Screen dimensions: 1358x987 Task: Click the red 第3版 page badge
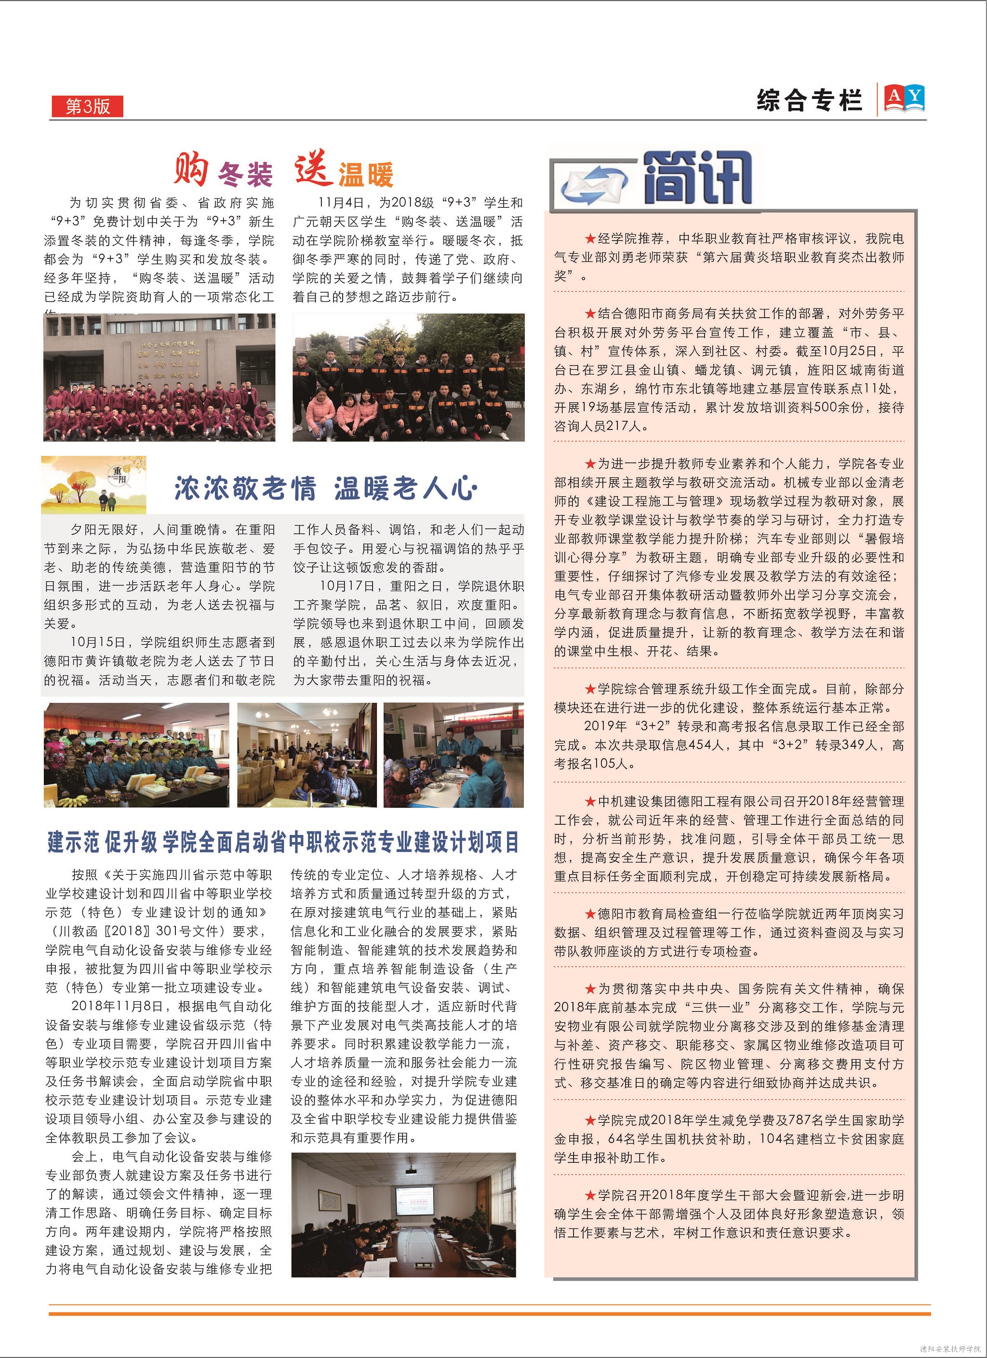click(87, 106)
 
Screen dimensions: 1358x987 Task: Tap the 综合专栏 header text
click(809, 101)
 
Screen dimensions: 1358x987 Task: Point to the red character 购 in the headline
click(191, 169)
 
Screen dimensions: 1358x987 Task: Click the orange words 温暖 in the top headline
click(366, 175)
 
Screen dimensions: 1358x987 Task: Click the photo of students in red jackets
click(159, 378)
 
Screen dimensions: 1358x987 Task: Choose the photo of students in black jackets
click(408, 378)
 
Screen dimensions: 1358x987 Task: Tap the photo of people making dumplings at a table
click(453, 755)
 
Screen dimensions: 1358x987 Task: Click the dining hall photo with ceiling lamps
click(307, 755)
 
